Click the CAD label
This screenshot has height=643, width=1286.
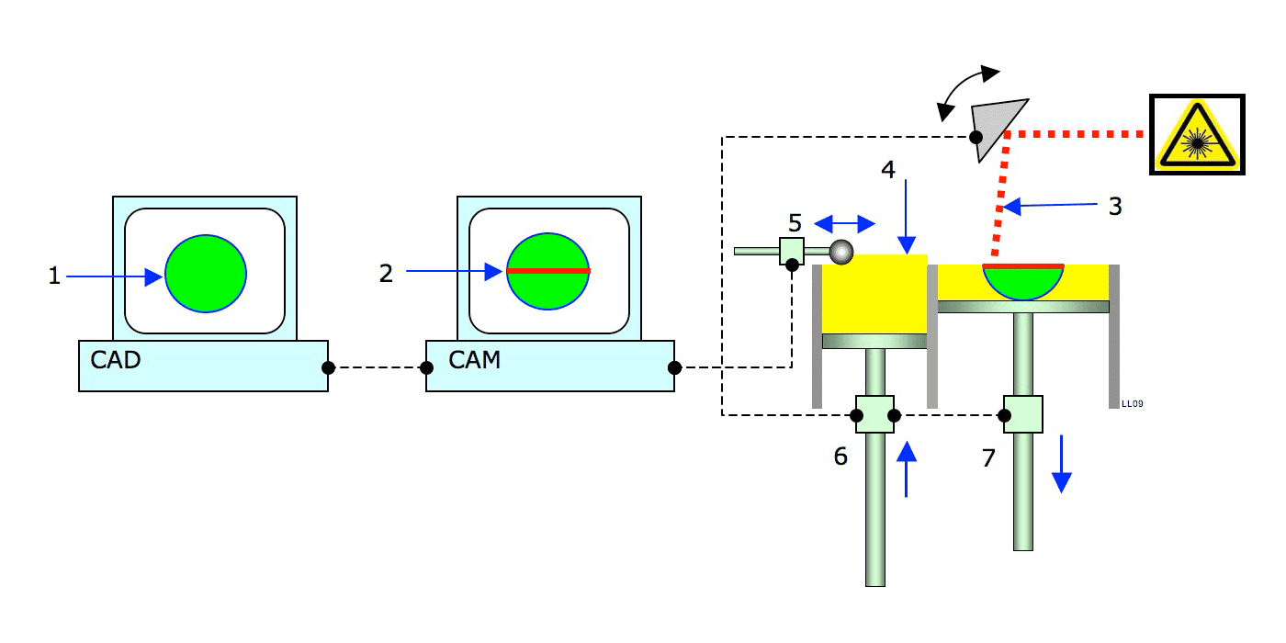pyautogui.click(x=116, y=359)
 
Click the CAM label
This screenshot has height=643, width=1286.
pyautogui.click(x=474, y=359)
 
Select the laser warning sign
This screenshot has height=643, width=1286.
pyautogui.click(x=1197, y=134)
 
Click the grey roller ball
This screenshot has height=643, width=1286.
pyautogui.click(x=840, y=250)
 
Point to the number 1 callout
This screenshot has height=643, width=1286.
pyautogui.click(x=54, y=276)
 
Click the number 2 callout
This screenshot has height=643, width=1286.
pyautogui.click(x=386, y=273)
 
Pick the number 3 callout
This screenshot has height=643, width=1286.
pyautogui.click(x=1115, y=206)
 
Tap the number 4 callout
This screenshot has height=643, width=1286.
pyautogui.click(x=886, y=170)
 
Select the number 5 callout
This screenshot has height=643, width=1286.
pyautogui.click(x=795, y=223)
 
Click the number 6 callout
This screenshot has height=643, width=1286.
pyautogui.click(x=840, y=456)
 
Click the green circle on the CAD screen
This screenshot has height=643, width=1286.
pyautogui.click(x=206, y=274)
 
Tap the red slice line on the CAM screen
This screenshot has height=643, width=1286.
pyautogui.click(x=547, y=271)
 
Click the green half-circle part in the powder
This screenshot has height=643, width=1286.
pyautogui.click(x=1023, y=283)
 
